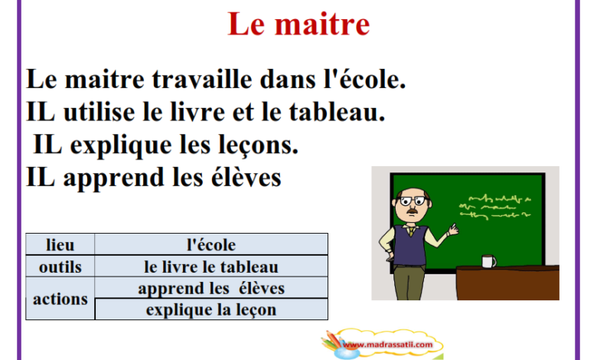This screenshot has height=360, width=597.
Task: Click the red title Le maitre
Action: point(298,25)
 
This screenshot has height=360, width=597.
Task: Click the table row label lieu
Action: point(60,244)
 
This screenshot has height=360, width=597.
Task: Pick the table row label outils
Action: point(60,267)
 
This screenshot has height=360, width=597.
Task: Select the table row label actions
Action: point(60,299)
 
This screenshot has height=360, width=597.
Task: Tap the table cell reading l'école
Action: point(211,244)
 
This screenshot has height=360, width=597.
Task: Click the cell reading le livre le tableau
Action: point(211,267)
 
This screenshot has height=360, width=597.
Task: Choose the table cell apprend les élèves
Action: point(211,288)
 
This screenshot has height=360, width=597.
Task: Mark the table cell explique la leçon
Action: point(211,309)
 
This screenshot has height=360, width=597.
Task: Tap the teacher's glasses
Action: point(413,201)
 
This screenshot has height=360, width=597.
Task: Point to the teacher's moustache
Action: point(413,211)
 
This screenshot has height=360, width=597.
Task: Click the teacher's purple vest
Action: point(409,245)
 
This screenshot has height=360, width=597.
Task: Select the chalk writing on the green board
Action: point(495,208)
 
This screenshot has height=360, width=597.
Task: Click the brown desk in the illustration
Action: point(507,283)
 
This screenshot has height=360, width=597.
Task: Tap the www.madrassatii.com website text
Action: point(387,345)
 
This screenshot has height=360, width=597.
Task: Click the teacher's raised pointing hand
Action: point(452,229)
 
